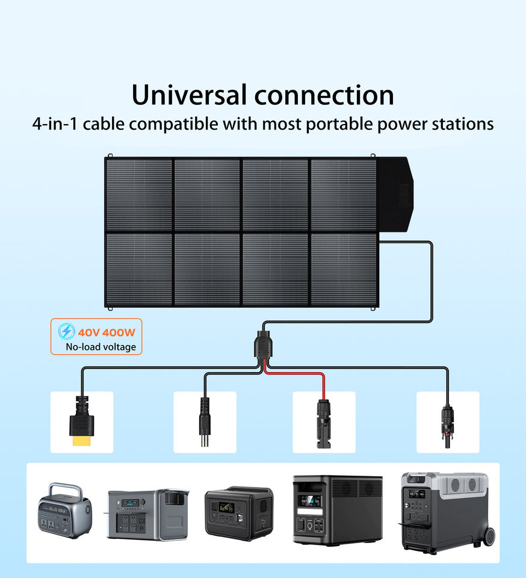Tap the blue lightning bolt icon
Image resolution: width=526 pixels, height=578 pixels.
(66, 332)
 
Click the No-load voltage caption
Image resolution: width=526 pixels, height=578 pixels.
(101, 347)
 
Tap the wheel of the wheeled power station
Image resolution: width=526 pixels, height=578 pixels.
(488, 537)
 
